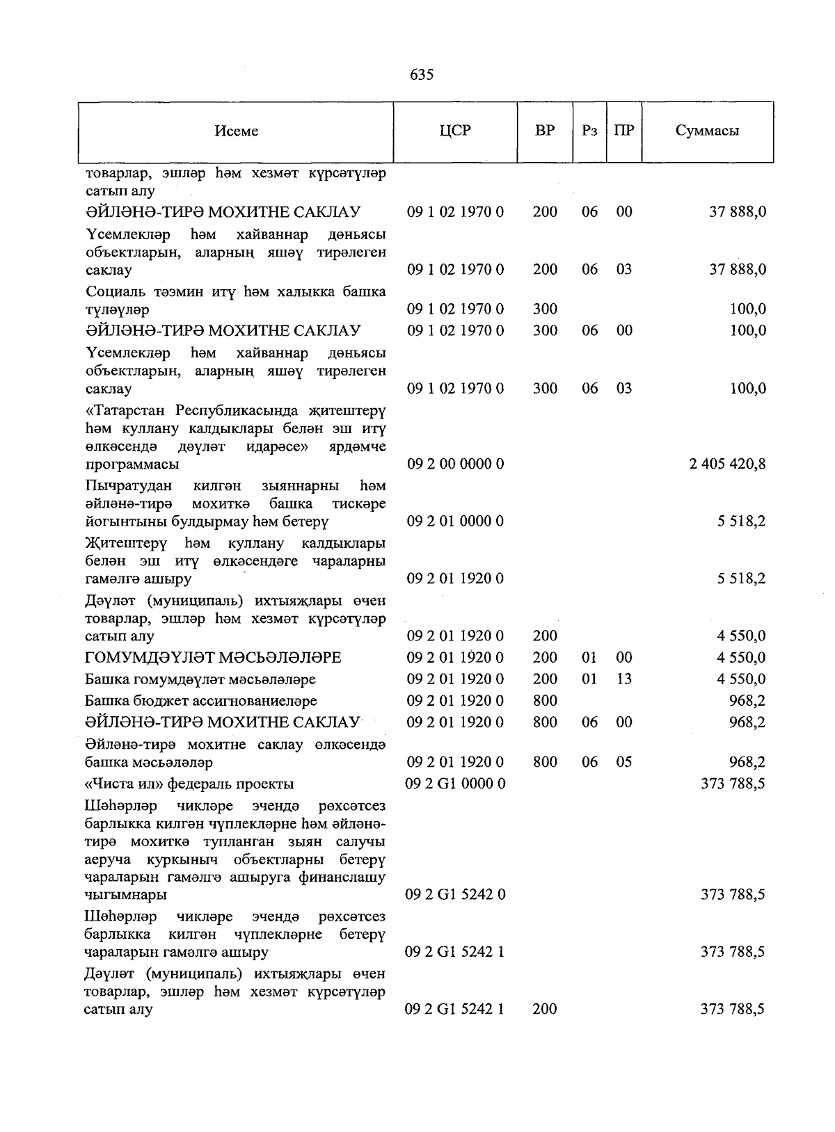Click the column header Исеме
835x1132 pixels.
[x=237, y=131]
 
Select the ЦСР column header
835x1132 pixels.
[x=455, y=130]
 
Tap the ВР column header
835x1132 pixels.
[x=545, y=130]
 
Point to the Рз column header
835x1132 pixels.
[x=589, y=131]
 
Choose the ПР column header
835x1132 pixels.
[x=624, y=130]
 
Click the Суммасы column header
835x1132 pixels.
[x=707, y=130]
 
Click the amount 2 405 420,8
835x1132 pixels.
[x=728, y=464]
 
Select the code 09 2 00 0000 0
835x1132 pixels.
[x=455, y=464]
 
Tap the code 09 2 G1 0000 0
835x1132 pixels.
[x=455, y=784]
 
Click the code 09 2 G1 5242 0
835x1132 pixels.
[x=455, y=894]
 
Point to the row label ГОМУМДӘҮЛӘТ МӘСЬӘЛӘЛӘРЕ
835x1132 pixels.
[x=214, y=657]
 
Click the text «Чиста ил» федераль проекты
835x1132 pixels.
[x=189, y=784]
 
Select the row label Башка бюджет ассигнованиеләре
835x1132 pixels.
[x=201, y=701]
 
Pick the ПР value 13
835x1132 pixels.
[x=624, y=679]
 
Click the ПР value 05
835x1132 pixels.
[x=624, y=762]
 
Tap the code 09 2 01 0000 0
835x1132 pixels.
[x=455, y=521]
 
